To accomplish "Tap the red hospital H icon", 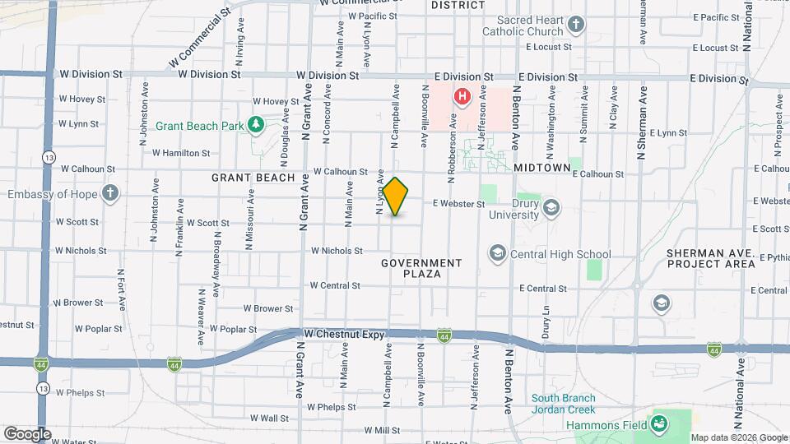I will [462, 97].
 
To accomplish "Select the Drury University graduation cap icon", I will [551, 207].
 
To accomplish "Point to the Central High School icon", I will [496, 254].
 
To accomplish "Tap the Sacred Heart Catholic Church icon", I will [576, 25].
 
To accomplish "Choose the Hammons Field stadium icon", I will [658, 424].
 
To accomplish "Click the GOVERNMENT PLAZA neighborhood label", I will [421, 268].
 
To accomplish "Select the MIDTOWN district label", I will [542, 168].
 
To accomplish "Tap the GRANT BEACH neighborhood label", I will [253, 178].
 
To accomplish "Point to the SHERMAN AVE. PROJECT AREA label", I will [711, 258].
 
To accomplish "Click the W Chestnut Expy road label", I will [343, 334].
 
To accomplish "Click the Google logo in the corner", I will [27, 434].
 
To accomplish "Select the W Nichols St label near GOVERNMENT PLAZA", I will [337, 251].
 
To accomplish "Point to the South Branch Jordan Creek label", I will [563, 404].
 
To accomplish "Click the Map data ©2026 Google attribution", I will [738, 437].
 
